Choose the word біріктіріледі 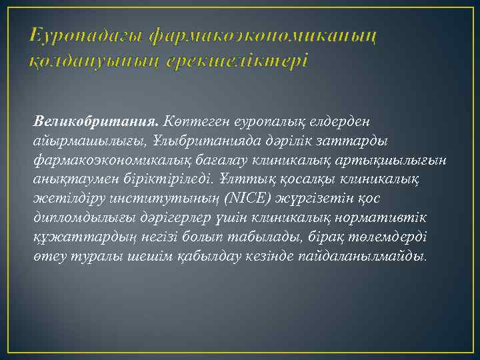click(x=173, y=180)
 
